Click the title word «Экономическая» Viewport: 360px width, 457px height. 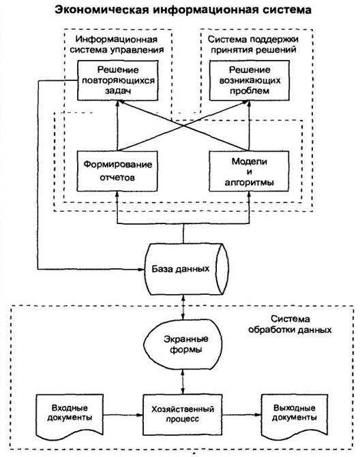tap(102, 10)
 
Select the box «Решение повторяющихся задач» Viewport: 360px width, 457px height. tap(118, 80)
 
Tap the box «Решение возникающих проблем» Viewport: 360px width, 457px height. tap(250, 80)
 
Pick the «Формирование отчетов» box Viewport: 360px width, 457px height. tap(117, 171)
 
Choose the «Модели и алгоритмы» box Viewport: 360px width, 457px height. tap(249, 171)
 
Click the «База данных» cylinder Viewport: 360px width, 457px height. tap(187, 269)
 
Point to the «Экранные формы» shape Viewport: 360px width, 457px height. tap(183, 344)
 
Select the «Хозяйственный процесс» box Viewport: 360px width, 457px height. tap(183, 415)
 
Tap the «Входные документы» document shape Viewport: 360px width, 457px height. tap(70, 415)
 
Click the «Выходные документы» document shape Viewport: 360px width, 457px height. tap(295, 415)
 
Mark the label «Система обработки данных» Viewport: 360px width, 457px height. tap(290, 324)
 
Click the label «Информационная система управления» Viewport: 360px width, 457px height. tap(117, 44)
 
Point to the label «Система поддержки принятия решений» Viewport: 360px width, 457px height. tap(253, 44)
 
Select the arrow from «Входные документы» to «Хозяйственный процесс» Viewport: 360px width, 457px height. tap(123, 415)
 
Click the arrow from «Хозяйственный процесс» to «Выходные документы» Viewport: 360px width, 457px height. tap(241, 415)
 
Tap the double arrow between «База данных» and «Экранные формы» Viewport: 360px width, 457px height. tap(183, 307)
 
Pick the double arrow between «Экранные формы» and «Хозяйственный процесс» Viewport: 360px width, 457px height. tap(183, 382)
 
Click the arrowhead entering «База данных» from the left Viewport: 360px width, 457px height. tap(142, 269)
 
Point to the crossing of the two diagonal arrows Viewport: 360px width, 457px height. tap(183, 126)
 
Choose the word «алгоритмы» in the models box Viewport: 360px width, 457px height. tap(249, 183)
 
